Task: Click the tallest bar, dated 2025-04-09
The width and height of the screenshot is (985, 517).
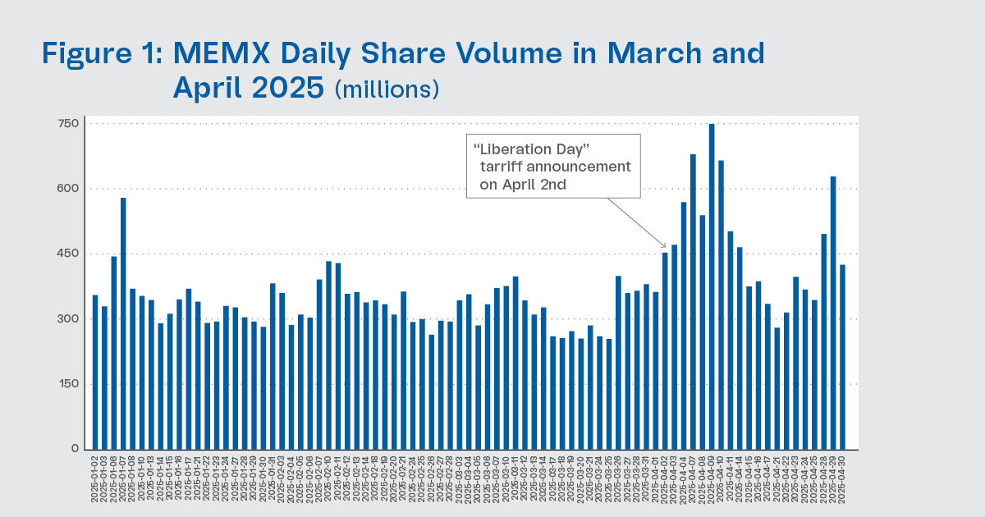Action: pos(712,286)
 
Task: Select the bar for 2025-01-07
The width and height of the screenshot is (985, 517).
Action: pos(123,323)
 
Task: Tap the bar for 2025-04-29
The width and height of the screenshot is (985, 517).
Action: pos(832,313)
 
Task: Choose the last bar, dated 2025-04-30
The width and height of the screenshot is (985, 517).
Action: pos(842,357)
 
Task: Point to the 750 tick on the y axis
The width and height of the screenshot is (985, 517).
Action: pos(67,124)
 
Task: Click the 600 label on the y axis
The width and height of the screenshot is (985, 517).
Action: pos(67,189)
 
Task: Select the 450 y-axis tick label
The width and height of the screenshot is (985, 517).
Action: pos(67,254)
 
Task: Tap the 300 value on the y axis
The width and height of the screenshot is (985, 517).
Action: pos(67,318)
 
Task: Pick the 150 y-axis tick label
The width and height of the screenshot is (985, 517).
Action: pos(67,383)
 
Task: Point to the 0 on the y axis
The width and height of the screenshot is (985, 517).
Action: pos(74,448)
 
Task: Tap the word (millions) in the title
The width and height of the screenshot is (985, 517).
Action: pos(387,89)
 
